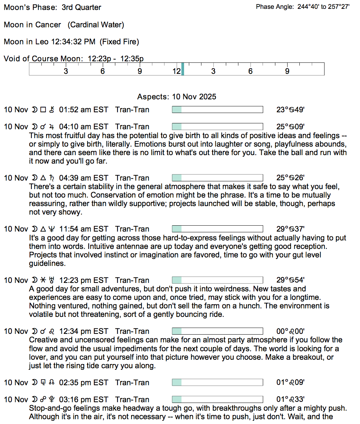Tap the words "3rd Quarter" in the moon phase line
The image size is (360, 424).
[81, 7]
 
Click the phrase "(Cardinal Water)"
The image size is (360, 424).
[96, 25]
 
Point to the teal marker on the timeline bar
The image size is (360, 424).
[183, 69]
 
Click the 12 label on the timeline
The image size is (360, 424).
[176, 71]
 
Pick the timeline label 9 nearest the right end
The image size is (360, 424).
[287, 71]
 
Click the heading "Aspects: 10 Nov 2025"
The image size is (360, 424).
[177, 97]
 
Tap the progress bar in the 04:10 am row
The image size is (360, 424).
[217, 127]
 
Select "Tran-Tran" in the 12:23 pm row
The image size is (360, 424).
[132, 280]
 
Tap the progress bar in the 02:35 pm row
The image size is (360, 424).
[217, 383]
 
